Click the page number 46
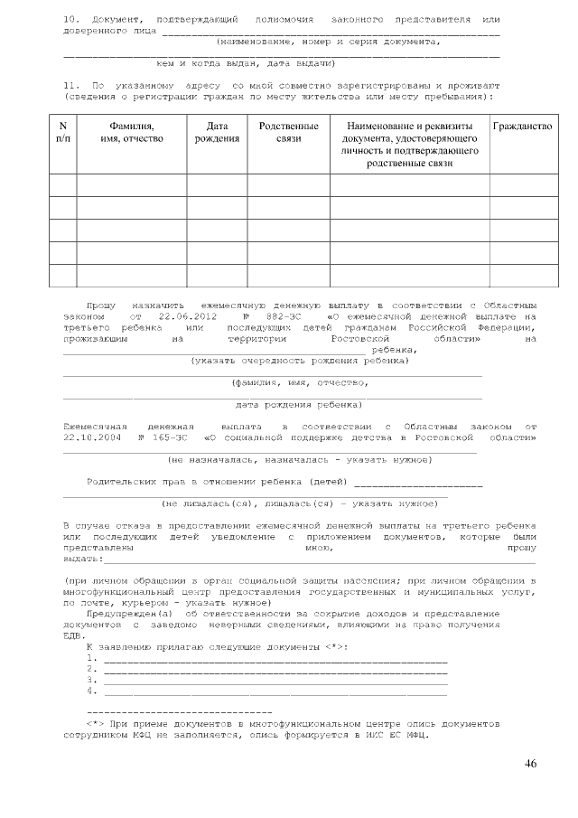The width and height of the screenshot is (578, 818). click(530, 765)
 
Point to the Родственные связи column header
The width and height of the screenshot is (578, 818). click(288, 133)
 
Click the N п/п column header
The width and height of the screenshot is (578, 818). click(62, 133)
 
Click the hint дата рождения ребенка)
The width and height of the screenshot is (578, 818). click(299, 404)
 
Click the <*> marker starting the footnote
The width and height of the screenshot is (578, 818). click(94, 724)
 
